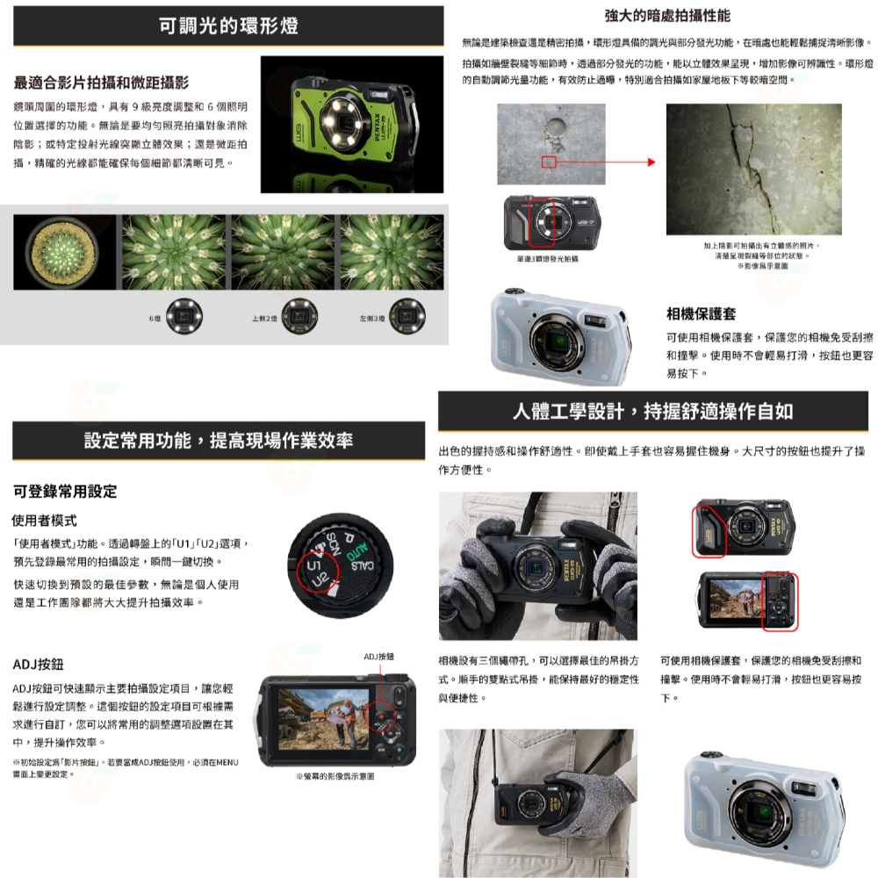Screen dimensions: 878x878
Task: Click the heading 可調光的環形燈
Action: coord(228,25)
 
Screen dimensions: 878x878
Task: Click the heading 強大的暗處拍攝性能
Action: coord(667,16)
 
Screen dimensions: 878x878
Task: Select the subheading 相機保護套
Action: coord(701,313)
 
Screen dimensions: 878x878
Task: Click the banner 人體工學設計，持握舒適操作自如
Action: coord(653,411)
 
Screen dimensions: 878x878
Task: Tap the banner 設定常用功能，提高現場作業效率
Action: coord(219,440)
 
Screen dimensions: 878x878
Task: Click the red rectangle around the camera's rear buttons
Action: coord(779,601)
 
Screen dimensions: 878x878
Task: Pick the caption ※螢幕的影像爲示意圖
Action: coord(335,776)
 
